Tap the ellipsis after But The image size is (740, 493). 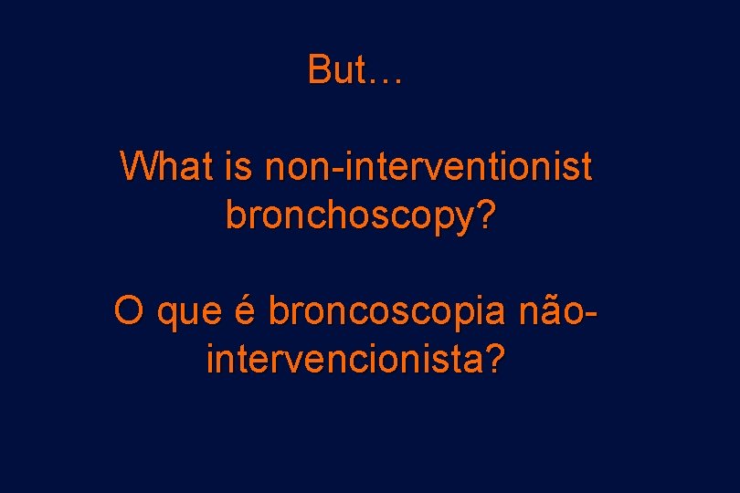383,80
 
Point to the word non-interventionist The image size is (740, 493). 428,167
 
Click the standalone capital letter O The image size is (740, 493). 129,311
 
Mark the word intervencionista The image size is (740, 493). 344,359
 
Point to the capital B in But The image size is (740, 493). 318,69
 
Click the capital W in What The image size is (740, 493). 137,167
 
